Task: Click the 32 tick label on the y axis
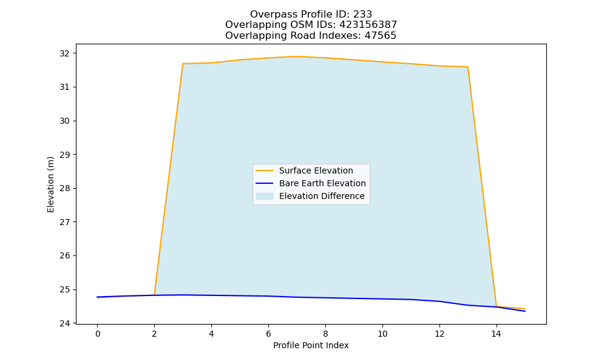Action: pyautogui.click(x=65, y=53)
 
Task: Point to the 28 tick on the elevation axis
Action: pyautogui.click(x=65, y=189)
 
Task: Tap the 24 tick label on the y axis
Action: pyautogui.click(x=65, y=323)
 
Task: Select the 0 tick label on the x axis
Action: pyautogui.click(x=98, y=334)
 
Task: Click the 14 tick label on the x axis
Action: pyautogui.click(x=497, y=334)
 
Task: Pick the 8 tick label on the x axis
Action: pyautogui.click(x=325, y=334)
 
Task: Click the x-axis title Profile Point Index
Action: pyautogui.click(x=311, y=345)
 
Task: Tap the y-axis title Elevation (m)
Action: pyautogui.click(x=50, y=184)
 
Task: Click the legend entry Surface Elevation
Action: pyautogui.click(x=316, y=170)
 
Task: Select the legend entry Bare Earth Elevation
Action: pyautogui.click(x=322, y=183)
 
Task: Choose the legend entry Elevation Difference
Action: pyautogui.click(x=322, y=196)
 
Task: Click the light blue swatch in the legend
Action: pyautogui.click(x=265, y=196)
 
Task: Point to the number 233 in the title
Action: pyautogui.click(x=363, y=15)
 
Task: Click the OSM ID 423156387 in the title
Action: pyautogui.click(x=368, y=25)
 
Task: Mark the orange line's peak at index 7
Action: pyautogui.click(x=297, y=56)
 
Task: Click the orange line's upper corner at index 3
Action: pyautogui.click(x=183, y=64)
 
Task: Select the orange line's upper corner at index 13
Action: pyautogui.click(x=467, y=67)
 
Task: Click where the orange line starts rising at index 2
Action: pyautogui.click(x=154, y=295)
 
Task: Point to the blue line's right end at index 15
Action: pyautogui.click(x=525, y=311)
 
